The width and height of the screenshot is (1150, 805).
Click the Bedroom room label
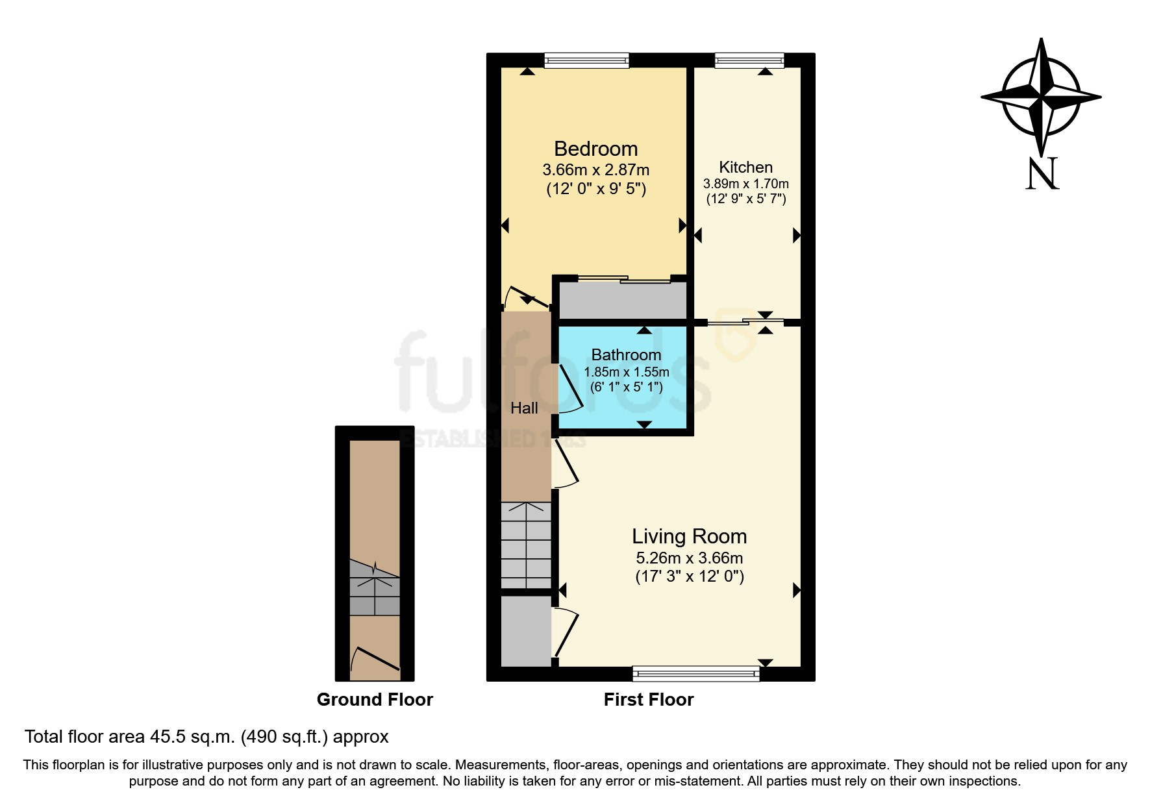[595, 149]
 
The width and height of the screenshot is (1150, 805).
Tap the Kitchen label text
[745, 167]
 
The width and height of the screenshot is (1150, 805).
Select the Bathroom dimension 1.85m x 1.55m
[626, 372]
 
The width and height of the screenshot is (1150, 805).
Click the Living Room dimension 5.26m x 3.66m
[689, 558]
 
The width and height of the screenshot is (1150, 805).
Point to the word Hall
[524, 408]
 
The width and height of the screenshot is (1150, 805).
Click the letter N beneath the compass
[1042, 174]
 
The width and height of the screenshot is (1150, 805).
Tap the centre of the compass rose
[1041, 97]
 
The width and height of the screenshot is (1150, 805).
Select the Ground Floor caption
[375, 699]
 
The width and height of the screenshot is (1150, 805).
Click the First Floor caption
[648, 699]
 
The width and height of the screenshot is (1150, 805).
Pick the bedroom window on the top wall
[586, 60]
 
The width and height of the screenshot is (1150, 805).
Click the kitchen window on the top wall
[749, 60]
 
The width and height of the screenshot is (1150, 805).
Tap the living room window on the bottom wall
[695, 673]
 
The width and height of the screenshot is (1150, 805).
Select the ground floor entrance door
[375, 659]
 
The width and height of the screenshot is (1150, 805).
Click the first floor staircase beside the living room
[526, 545]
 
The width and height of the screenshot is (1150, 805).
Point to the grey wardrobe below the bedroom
[622, 301]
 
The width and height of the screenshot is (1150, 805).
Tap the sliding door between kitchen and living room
[745, 322]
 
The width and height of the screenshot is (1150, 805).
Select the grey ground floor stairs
[375, 588]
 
